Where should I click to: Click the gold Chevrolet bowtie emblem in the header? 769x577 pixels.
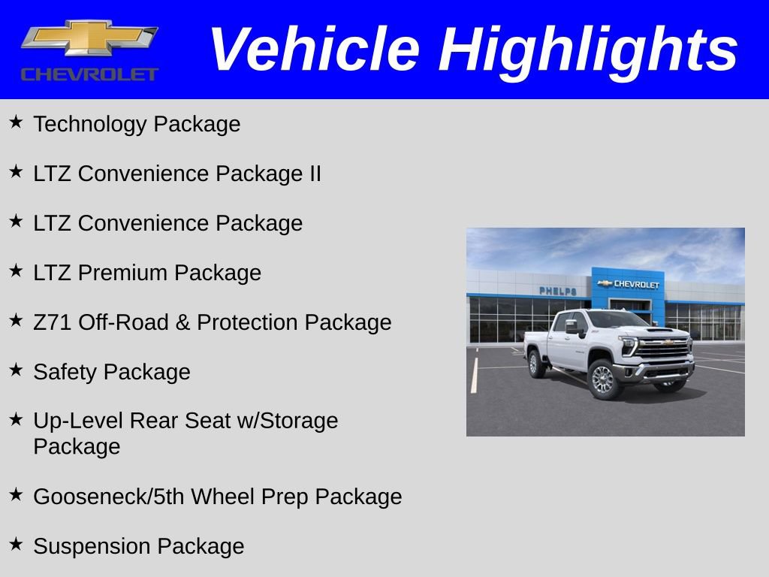90,38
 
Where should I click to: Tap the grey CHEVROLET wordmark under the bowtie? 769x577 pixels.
90,74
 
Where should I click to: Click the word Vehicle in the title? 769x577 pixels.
315,49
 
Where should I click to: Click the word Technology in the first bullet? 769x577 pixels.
90,124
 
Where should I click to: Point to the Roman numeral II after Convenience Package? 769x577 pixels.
315,174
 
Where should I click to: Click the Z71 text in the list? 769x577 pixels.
52,322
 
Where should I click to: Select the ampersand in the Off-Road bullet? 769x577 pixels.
182,322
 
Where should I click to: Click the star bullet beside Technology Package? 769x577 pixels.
17,122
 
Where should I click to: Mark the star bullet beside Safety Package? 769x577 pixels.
17,370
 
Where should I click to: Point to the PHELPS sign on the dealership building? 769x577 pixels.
558,291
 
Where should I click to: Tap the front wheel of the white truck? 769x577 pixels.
604,379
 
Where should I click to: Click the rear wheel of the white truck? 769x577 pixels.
536,364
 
